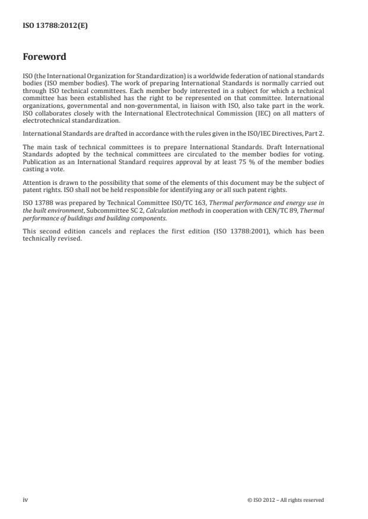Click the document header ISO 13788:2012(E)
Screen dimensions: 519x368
[55, 26]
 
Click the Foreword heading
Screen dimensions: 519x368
[45, 57]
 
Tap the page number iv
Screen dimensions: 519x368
[25, 500]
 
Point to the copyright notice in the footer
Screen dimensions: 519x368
[285, 500]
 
